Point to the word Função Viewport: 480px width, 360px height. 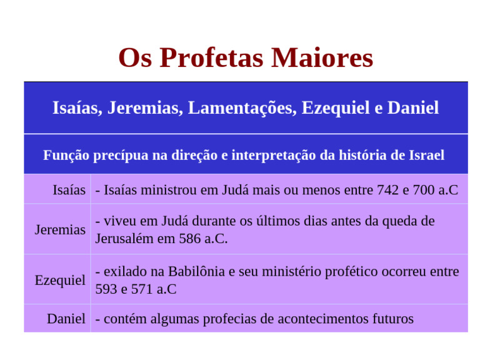pos(66,155)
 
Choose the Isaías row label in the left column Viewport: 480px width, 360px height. pos(69,189)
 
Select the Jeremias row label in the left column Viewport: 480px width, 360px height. pos(60,229)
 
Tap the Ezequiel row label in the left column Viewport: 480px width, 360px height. pos(60,280)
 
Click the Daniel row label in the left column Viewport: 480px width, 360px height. pos(66,319)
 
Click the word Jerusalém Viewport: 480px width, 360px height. pos(124,239)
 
